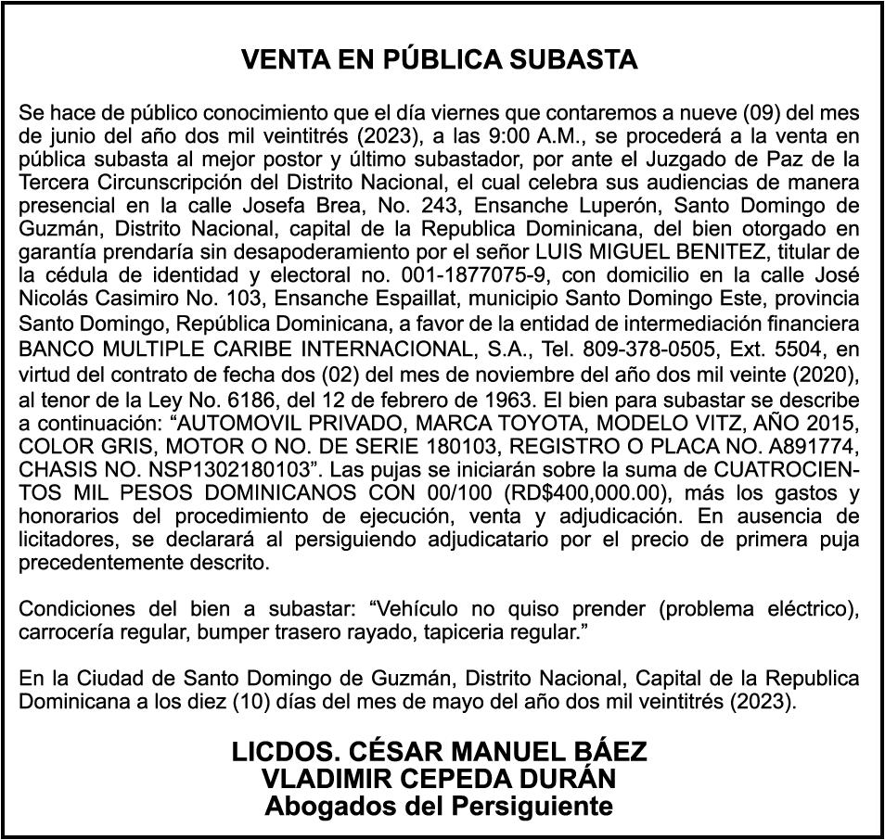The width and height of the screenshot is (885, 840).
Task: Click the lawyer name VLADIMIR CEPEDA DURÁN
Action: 439,778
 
